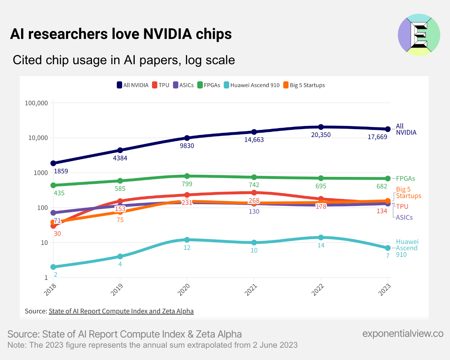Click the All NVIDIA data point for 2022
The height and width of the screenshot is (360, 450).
point(321,127)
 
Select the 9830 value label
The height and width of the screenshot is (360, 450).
point(187,146)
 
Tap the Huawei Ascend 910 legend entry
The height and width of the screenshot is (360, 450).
point(252,85)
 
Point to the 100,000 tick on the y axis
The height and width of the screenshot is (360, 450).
point(36,103)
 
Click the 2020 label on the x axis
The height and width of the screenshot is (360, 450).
point(184,290)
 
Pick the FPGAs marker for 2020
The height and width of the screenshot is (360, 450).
point(187,176)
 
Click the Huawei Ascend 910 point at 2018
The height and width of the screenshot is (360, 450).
point(53,267)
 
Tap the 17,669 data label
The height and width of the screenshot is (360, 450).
point(377,137)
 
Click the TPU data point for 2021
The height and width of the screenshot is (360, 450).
point(254,193)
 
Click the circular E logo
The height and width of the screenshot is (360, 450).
point(419,35)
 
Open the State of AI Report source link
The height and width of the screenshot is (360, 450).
point(121,311)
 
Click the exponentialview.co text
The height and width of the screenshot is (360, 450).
point(403,333)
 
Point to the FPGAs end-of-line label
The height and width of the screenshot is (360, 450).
point(405,179)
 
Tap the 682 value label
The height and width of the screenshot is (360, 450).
point(382,186)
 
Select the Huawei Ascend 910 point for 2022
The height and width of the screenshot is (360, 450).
point(321,238)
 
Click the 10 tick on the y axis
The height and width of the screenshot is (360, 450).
point(44,243)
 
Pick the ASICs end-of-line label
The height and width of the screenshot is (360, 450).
point(404,218)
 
